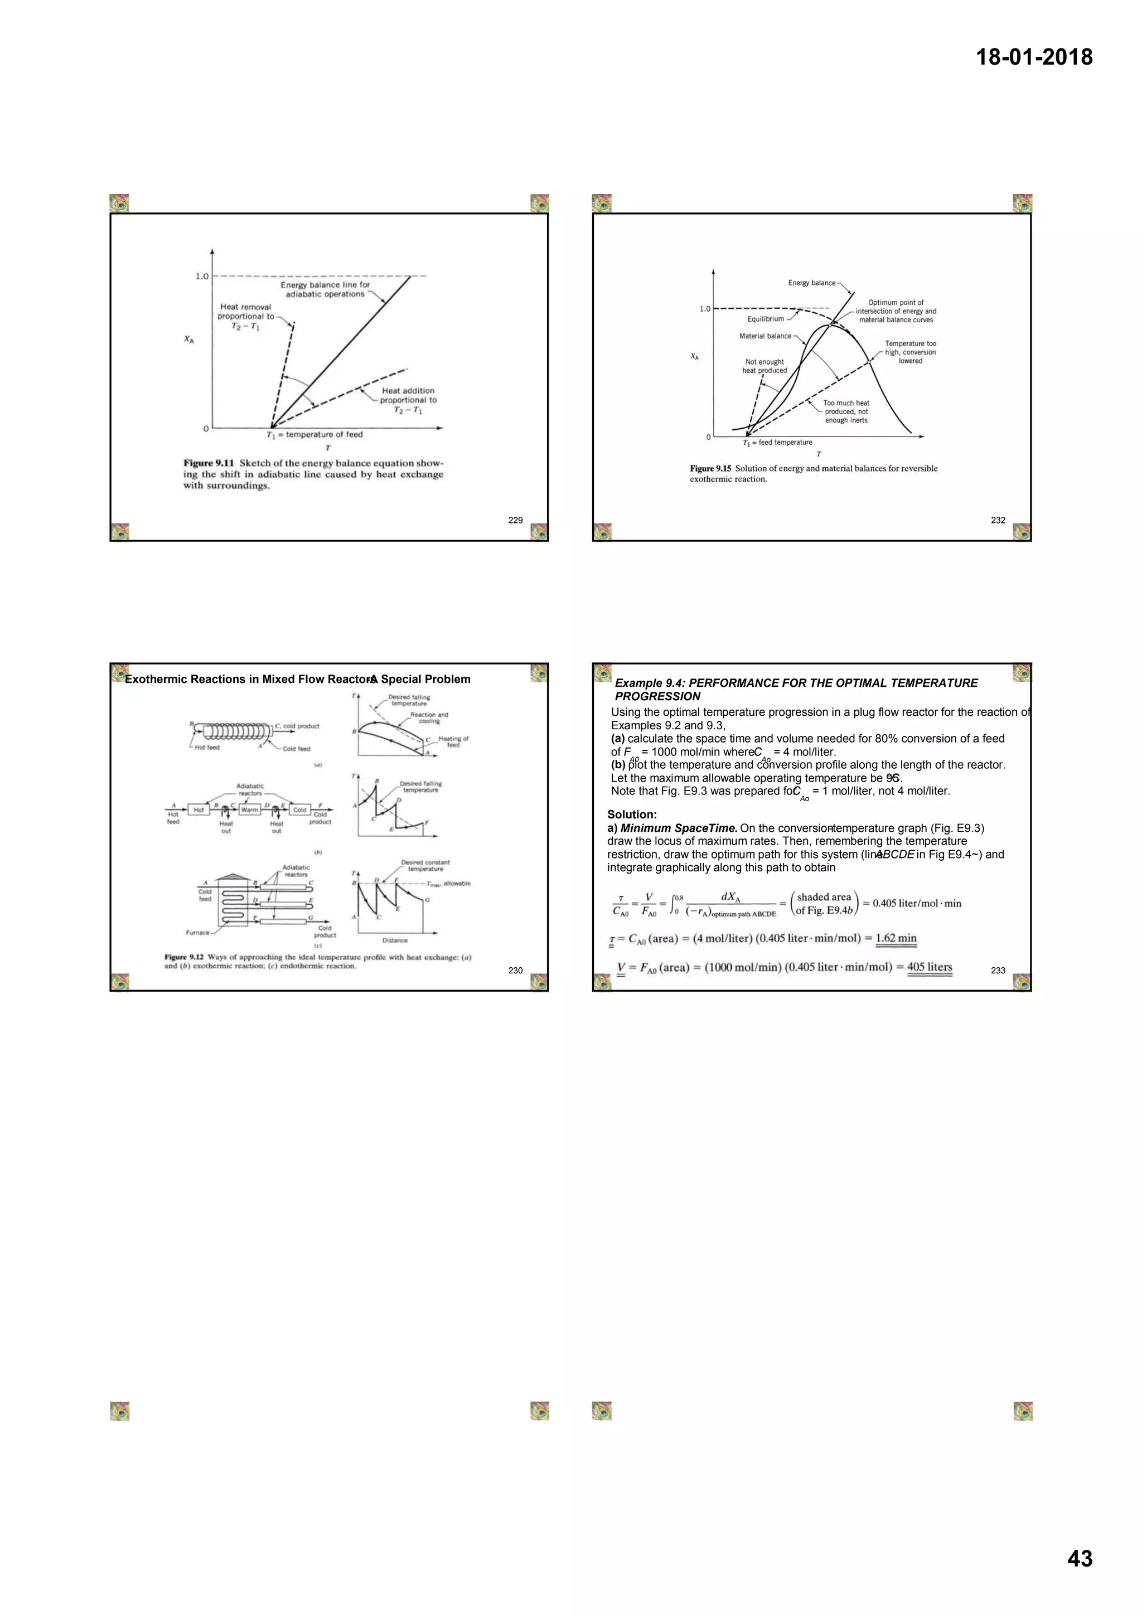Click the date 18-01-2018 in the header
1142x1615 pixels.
pos(1034,57)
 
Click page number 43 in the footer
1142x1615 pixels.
pos(1080,1558)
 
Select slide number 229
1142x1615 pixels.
pos(515,520)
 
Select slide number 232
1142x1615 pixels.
pos(998,520)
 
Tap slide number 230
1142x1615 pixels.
pos(515,970)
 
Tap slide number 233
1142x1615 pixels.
pos(998,970)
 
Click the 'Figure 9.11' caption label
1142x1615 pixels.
pos(209,463)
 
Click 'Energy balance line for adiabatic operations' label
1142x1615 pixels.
pos(325,289)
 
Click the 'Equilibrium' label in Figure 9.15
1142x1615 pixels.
pos(765,319)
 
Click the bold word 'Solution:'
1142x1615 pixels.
pos(632,814)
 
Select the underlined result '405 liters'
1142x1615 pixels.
pos(929,967)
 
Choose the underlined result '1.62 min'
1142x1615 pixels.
pos(896,938)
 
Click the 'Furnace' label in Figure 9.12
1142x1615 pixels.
pos(197,933)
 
